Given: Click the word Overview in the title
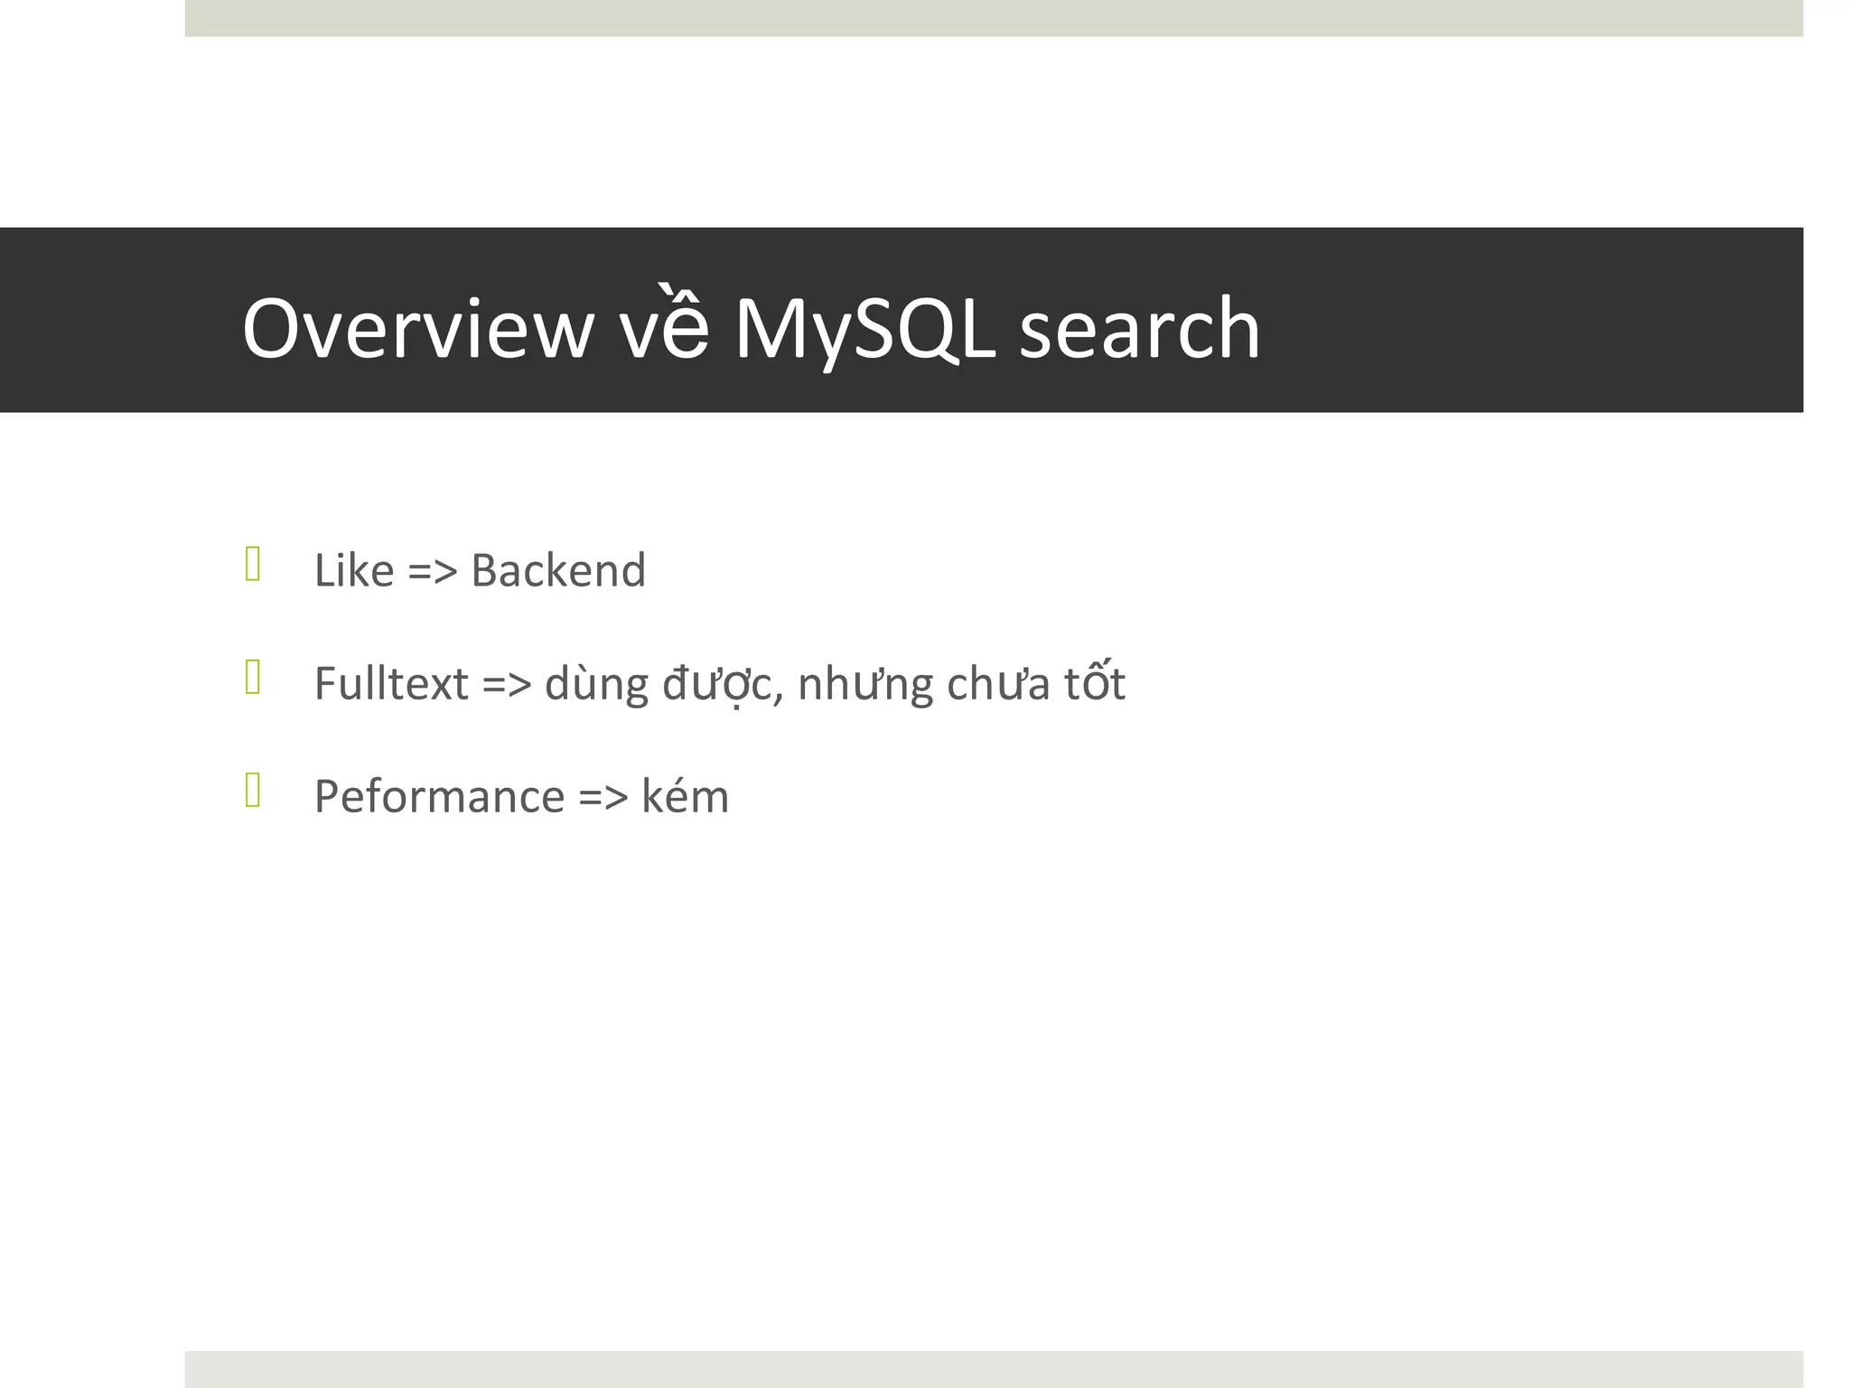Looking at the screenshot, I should (417, 329).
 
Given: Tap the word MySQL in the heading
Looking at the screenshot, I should (864, 329).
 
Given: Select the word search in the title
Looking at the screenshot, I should (1139, 329).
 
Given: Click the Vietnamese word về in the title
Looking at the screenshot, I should (664, 329).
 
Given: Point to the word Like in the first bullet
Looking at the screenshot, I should (354, 571).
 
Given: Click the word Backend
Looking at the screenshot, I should (558, 571).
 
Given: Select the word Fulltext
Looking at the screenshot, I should (391, 684).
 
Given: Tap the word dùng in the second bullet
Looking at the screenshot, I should (596, 684).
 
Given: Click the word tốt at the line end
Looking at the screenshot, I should (1094, 684).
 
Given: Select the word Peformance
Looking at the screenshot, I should (439, 797).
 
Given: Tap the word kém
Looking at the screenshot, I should (685, 797).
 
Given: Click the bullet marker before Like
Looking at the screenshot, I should (253, 565).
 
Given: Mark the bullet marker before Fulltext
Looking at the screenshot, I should (253, 678).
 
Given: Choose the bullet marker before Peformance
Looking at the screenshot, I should (253, 791).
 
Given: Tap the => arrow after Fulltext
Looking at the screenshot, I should (507, 684).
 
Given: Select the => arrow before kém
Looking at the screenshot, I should (603, 797).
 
